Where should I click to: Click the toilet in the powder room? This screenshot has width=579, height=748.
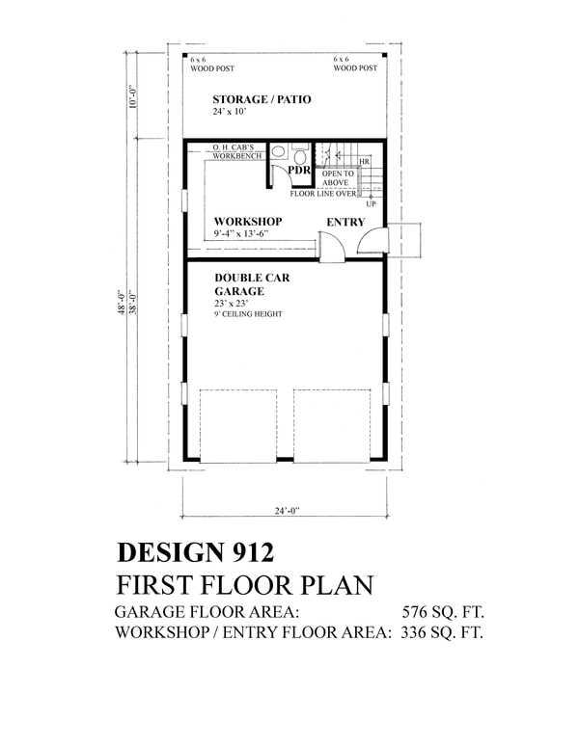[x=300, y=154]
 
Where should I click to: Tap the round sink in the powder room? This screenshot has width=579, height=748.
[x=278, y=151]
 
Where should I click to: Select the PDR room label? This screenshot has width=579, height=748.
[x=299, y=170]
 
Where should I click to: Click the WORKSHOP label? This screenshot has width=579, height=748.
[x=248, y=222]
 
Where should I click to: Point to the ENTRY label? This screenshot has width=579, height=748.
[x=345, y=222]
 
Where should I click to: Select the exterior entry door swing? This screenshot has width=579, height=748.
[x=373, y=240]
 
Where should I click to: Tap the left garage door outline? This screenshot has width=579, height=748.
[x=238, y=426]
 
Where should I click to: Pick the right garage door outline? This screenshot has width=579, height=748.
[x=332, y=426]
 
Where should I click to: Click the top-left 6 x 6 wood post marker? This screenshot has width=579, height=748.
[x=185, y=57]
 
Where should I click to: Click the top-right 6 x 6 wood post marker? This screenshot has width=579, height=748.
[x=384, y=57]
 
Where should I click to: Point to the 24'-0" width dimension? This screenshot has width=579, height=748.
[x=287, y=511]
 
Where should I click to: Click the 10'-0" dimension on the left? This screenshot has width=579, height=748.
[x=133, y=96]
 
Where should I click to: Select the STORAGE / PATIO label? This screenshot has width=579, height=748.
[x=262, y=99]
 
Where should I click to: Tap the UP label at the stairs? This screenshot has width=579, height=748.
[x=371, y=204]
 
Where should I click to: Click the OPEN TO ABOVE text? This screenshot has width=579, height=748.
[x=338, y=178]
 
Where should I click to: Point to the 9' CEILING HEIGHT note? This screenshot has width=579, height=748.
[x=248, y=314]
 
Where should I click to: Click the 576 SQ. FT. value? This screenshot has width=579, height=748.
[x=443, y=611]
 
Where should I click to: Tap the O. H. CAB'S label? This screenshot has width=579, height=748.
[x=234, y=147]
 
